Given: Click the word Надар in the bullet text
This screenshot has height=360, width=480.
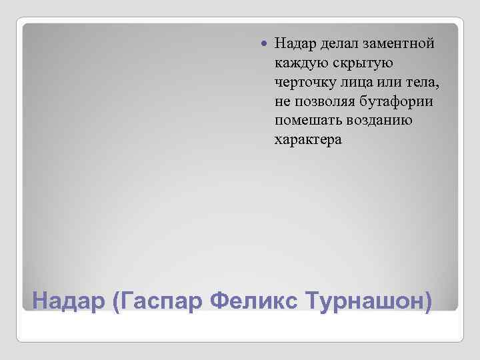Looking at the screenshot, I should pyautogui.click(x=295, y=43).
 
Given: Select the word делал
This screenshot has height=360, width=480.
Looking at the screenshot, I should pyautogui.click(x=339, y=43).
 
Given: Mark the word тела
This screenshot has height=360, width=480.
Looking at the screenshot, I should pyautogui.click(x=423, y=82).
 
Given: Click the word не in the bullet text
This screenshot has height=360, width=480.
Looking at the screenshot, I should pyautogui.click(x=281, y=101).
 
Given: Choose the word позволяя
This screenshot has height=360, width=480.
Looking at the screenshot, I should pyautogui.click(x=323, y=101).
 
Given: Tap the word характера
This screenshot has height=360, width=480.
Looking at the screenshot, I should pyautogui.click(x=307, y=140).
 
